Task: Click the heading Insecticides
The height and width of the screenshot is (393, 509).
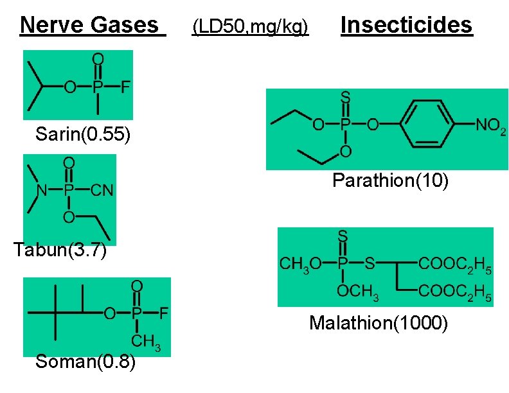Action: click(407, 25)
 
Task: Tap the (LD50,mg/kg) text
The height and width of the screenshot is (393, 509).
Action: click(251, 27)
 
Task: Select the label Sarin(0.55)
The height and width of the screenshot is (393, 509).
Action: click(83, 134)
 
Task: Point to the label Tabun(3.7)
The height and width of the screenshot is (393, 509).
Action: click(60, 250)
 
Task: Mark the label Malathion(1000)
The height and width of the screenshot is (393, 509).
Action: click(378, 322)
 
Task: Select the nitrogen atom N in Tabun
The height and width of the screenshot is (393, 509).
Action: click(40, 189)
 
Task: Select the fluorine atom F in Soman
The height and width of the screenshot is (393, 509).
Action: click(164, 314)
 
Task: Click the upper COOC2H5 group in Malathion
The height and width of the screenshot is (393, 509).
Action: click(456, 263)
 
